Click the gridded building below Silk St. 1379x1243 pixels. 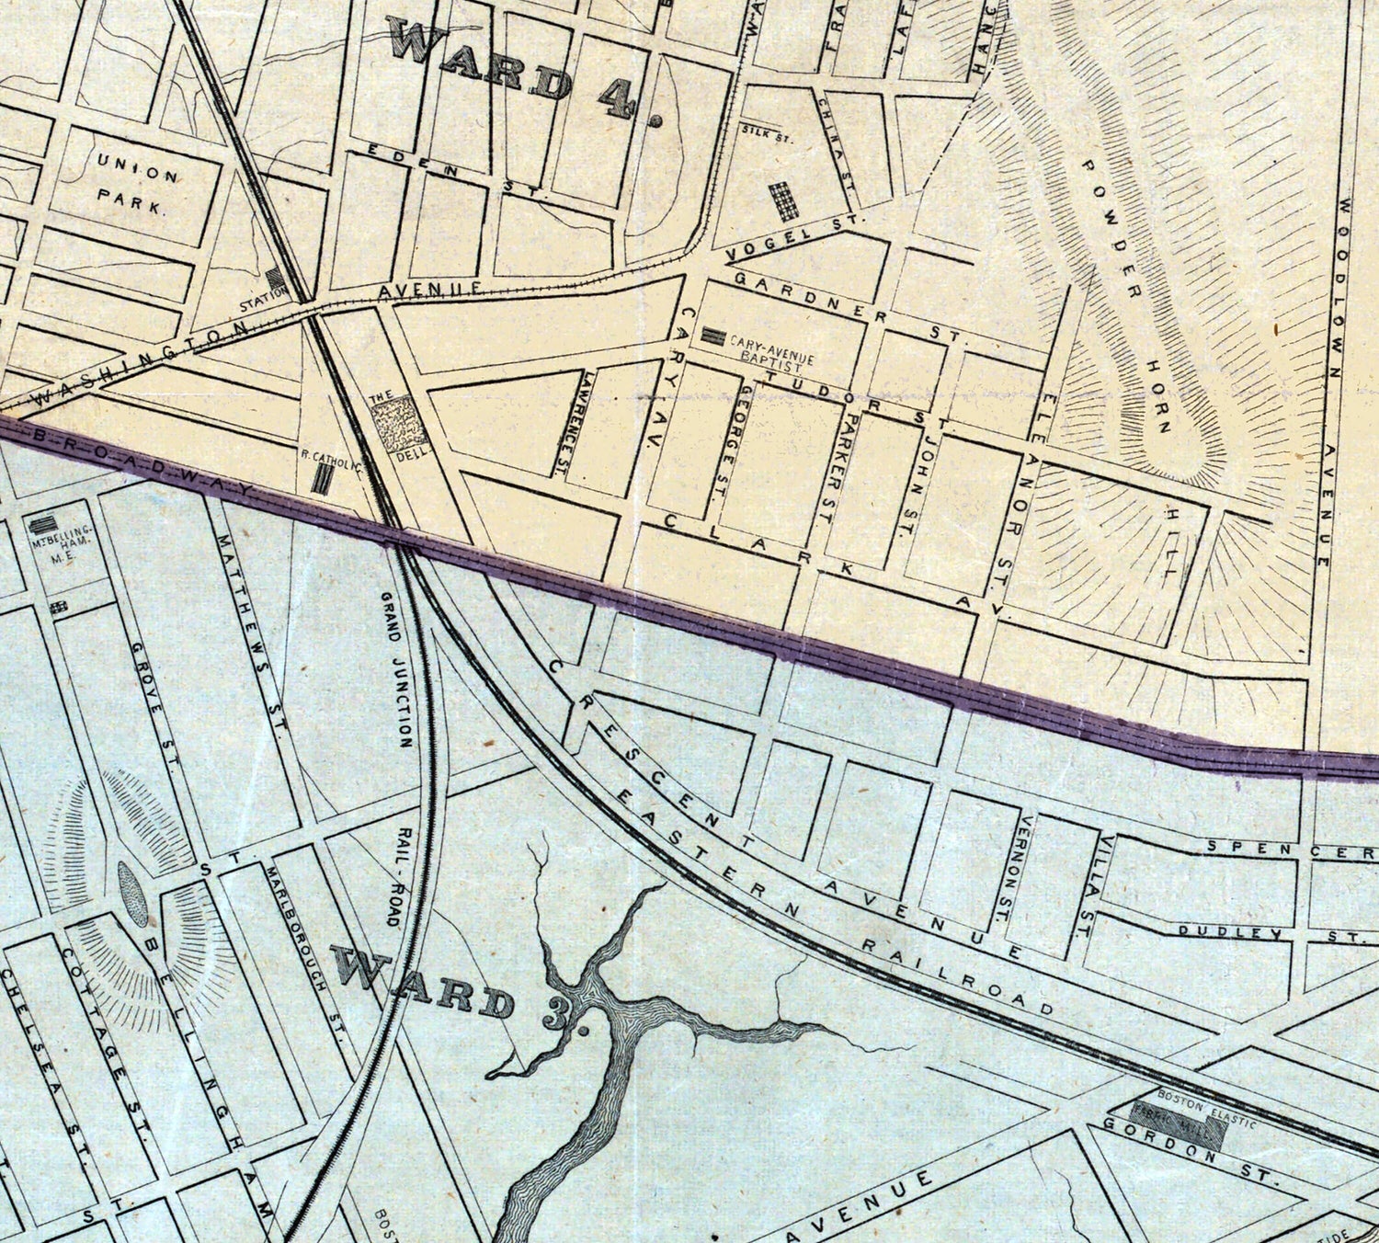click(x=783, y=200)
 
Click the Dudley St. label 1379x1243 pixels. click(x=1269, y=933)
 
